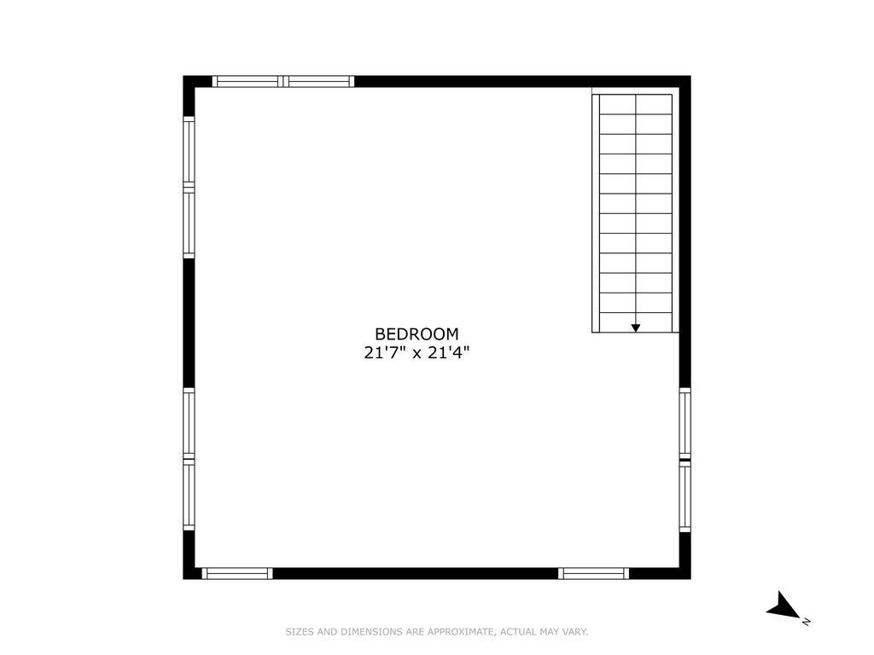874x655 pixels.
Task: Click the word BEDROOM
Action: [417, 333]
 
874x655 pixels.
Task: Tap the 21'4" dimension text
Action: [449, 352]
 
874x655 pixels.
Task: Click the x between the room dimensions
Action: [417, 354]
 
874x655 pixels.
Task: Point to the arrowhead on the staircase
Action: [635, 328]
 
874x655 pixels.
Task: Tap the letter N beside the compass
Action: [806, 622]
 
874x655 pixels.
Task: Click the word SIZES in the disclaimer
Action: [300, 632]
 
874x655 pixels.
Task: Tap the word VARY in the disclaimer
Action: [574, 632]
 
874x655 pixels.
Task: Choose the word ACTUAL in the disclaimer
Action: [518, 632]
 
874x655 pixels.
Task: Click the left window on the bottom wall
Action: [237, 574]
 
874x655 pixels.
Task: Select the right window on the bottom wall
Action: [594, 574]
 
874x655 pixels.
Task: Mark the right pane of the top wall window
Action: [319, 81]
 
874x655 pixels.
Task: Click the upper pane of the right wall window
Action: [685, 423]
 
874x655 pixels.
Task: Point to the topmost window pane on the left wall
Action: [189, 150]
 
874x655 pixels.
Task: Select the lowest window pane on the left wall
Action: [189, 496]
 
